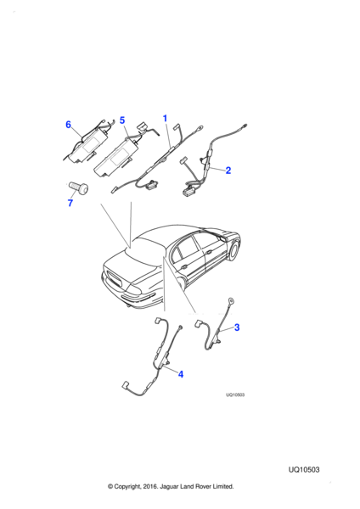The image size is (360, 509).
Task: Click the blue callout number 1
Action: click(165, 119)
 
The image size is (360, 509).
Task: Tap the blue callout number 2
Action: click(228, 171)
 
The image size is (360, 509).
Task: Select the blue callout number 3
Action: click(237, 327)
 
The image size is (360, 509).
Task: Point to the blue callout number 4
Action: click(181, 374)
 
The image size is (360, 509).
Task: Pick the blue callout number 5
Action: click(122, 120)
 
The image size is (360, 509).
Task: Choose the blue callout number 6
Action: click(68, 125)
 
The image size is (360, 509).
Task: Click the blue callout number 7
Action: click(70, 203)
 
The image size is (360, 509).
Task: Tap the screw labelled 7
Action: click(79, 187)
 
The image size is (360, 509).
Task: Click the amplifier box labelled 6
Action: click(88, 145)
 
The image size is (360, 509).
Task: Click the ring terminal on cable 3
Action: click(231, 300)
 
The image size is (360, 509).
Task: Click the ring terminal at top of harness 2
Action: click(245, 126)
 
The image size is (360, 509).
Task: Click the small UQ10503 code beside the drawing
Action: click(235, 394)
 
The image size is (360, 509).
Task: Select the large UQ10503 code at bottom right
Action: click(304, 470)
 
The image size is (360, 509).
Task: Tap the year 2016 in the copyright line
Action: click(151, 486)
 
